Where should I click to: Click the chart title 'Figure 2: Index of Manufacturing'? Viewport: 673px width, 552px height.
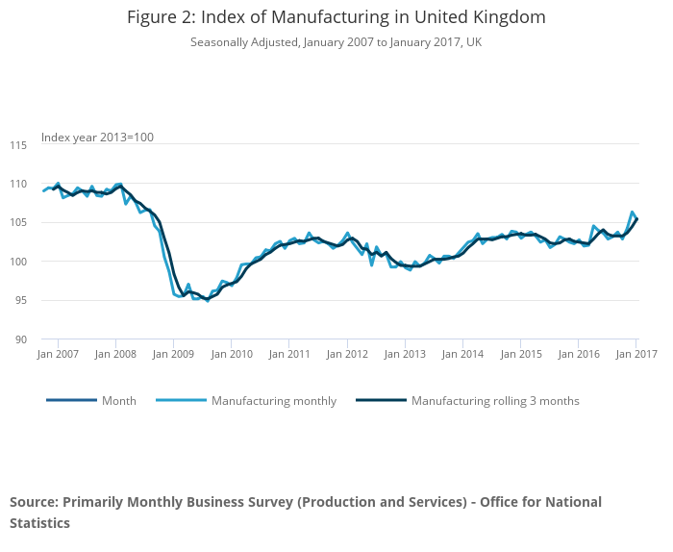point(336,17)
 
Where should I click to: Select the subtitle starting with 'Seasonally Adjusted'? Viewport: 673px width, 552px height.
point(336,42)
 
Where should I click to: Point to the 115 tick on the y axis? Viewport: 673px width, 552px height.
point(18,145)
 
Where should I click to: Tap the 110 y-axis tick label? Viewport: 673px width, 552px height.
point(18,184)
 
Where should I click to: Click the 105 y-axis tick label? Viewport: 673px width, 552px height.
point(18,223)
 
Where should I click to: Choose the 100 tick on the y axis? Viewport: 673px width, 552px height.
point(18,262)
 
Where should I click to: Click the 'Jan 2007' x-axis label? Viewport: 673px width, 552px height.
point(59,355)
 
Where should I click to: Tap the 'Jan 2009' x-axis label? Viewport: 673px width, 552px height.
point(174,355)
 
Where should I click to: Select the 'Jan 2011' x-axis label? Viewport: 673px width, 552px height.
point(289,355)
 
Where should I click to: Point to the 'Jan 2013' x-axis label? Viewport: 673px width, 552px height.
point(405,355)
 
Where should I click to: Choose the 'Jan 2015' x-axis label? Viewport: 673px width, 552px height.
point(520,355)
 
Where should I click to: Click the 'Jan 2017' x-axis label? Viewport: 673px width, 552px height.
point(636,355)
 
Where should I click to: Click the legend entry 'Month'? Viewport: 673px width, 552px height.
point(119,401)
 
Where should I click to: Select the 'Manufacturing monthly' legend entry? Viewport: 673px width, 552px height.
point(274,401)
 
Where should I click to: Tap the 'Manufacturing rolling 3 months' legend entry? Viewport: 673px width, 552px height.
point(495,401)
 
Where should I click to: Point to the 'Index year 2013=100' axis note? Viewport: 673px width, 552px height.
point(97,138)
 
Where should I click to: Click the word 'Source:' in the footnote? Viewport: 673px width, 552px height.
point(34,502)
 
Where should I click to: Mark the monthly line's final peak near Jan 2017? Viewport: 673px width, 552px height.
point(632,212)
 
